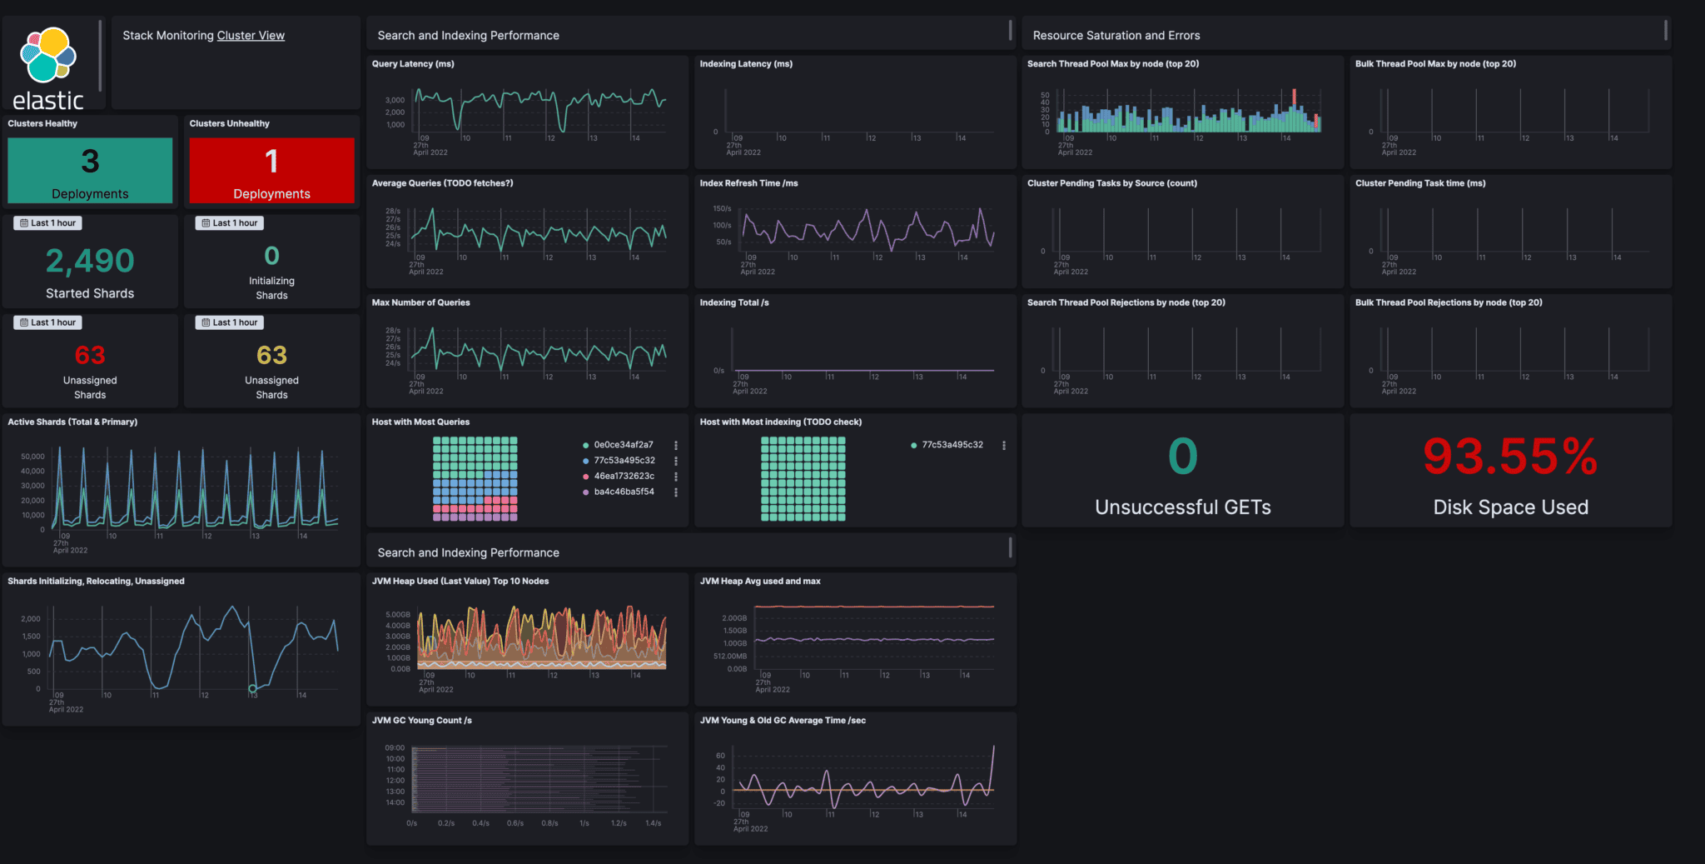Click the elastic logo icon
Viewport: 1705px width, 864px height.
48,55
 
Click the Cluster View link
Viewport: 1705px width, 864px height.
251,36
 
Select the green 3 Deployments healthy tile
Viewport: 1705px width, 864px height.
90,170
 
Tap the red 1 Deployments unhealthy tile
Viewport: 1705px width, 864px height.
271,170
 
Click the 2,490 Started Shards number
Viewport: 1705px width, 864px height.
90,262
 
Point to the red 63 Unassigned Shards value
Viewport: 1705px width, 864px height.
90,356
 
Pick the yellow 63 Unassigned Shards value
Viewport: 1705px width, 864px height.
271,356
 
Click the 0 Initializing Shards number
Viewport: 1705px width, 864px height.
271,256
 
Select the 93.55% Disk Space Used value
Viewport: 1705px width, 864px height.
1510,457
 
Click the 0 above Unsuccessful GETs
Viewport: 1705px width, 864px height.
1182,457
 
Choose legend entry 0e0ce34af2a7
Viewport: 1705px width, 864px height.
623,445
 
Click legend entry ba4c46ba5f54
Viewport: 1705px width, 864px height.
624,492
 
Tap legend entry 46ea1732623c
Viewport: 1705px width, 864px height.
624,477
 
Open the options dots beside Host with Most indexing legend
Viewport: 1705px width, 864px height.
1004,446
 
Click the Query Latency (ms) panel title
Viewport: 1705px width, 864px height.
413,64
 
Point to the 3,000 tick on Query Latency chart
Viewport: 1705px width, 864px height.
395,100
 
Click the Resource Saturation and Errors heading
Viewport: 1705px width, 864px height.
1116,36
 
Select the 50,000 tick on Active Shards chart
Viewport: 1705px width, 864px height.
32,457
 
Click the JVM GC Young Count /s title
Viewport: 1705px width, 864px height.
421,721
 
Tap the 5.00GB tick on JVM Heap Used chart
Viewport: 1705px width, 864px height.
397,615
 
